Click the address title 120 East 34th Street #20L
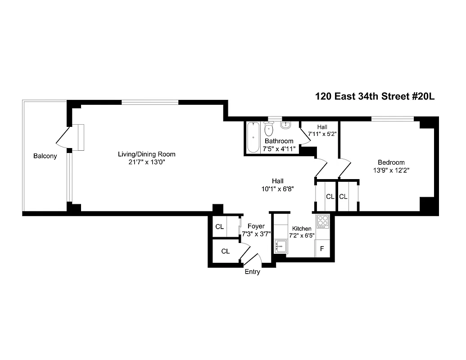point(375,96)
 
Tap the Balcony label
point(45,156)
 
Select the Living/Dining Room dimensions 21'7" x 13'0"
point(146,162)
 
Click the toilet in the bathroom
point(269,130)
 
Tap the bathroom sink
point(285,126)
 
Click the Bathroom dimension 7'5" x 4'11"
point(279,148)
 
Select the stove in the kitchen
point(323,220)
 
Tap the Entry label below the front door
point(252,272)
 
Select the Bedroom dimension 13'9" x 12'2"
point(391,170)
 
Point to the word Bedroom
point(391,162)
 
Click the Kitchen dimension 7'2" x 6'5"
point(301,235)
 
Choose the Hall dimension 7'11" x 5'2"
point(322,134)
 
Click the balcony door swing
point(63,137)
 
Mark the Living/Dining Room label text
point(146,154)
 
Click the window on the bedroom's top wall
point(392,118)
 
